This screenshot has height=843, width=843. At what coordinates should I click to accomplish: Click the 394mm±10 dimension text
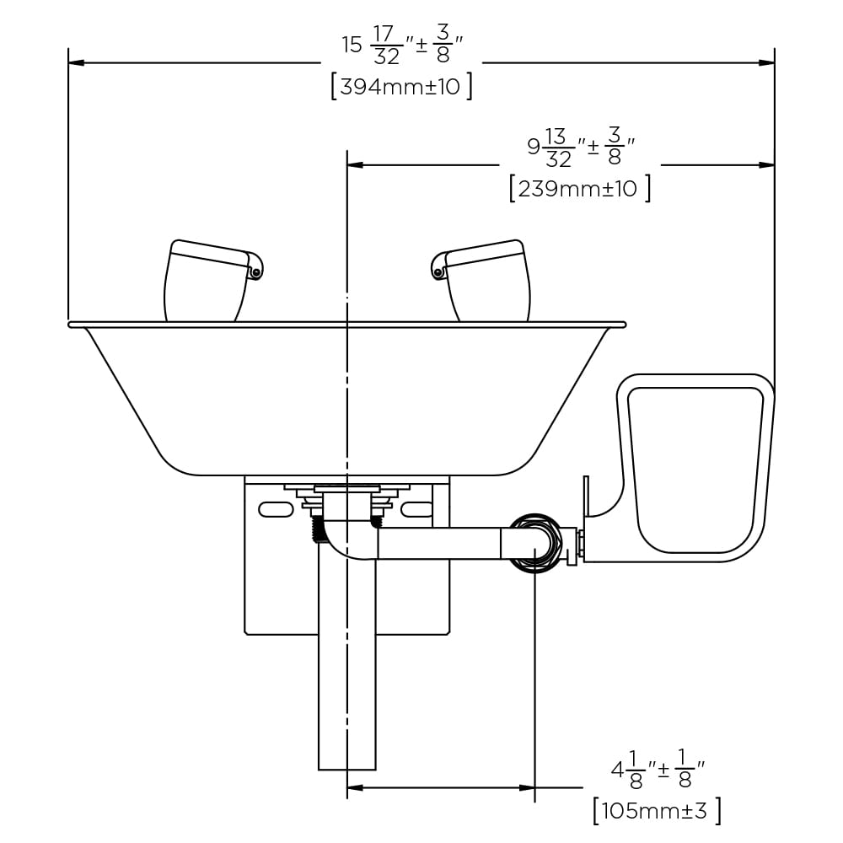click(401, 86)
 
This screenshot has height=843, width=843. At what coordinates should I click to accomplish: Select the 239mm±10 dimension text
click(580, 188)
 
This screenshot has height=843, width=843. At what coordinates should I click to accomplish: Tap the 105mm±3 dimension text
click(657, 810)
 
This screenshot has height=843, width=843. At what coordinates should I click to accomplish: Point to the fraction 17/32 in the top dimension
click(386, 46)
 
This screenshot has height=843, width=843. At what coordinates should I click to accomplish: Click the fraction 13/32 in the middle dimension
click(557, 148)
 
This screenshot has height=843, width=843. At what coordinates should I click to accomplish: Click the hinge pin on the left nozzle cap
click(256, 272)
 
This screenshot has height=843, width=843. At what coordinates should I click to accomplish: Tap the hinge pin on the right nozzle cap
click(438, 272)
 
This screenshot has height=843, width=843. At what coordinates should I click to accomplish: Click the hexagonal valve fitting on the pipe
click(535, 543)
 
